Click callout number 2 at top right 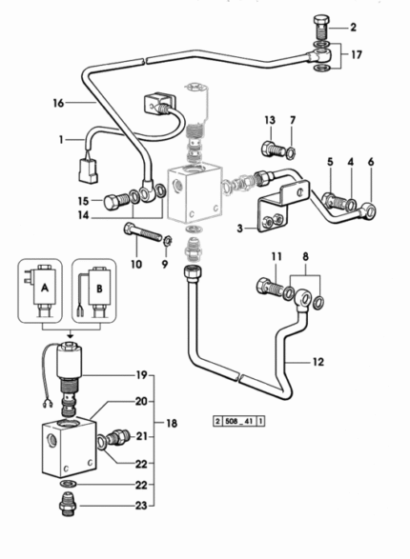(353, 27)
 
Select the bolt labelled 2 (320, 28)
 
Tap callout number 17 (356, 55)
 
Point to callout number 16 (58, 103)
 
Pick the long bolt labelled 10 (142, 231)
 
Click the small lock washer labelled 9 (168, 241)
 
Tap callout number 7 (293, 121)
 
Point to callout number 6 (371, 162)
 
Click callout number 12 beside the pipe (318, 362)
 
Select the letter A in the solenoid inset (45, 288)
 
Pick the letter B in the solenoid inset (99, 289)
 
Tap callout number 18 (172, 423)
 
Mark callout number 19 (141, 375)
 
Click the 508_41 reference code (239, 421)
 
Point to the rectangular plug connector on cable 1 (88, 171)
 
